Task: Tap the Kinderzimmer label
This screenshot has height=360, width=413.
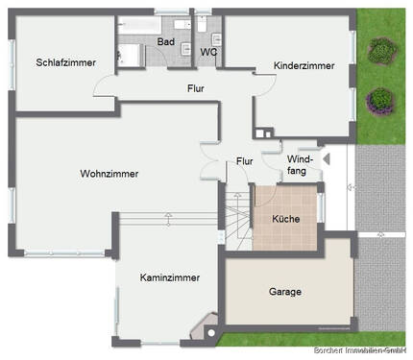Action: click(x=304, y=65)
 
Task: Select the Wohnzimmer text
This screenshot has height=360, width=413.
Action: click(x=109, y=174)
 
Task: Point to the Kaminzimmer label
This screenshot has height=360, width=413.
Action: click(x=169, y=277)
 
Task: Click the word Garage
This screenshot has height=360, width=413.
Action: click(x=285, y=291)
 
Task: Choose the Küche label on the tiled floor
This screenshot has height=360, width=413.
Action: click(x=285, y=219)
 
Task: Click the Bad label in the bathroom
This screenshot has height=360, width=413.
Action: click(x=166, y=41)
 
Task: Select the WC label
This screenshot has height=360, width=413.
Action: click(x=207, y=52)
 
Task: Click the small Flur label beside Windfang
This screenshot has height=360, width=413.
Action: click(x=245, y=161)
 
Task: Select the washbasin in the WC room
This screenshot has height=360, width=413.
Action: click(x=219, y=39)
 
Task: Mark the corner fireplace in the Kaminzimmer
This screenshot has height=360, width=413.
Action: click(x=205, y=329)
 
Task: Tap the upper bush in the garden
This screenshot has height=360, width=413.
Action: click(x=381, y=49)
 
